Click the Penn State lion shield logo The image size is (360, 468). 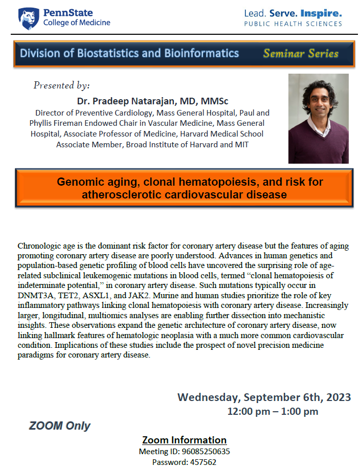point(28,18)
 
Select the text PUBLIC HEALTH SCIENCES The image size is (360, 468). point(293,24)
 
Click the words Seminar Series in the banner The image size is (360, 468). point(301,54)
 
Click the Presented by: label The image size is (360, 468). point(61,85)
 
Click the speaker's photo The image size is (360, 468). point(318,119)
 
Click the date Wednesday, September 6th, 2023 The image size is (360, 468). point(264,397)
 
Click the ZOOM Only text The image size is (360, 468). point(60,426)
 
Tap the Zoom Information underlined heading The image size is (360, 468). point(184,440)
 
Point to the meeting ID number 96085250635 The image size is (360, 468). point(205,452)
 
